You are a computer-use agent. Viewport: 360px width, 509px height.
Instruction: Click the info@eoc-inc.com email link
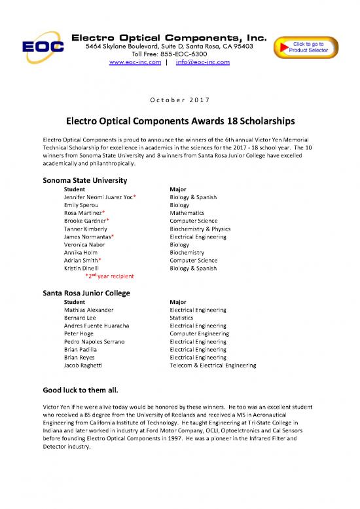click(199, 62)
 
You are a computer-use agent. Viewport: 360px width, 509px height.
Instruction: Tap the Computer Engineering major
click(199, 333)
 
